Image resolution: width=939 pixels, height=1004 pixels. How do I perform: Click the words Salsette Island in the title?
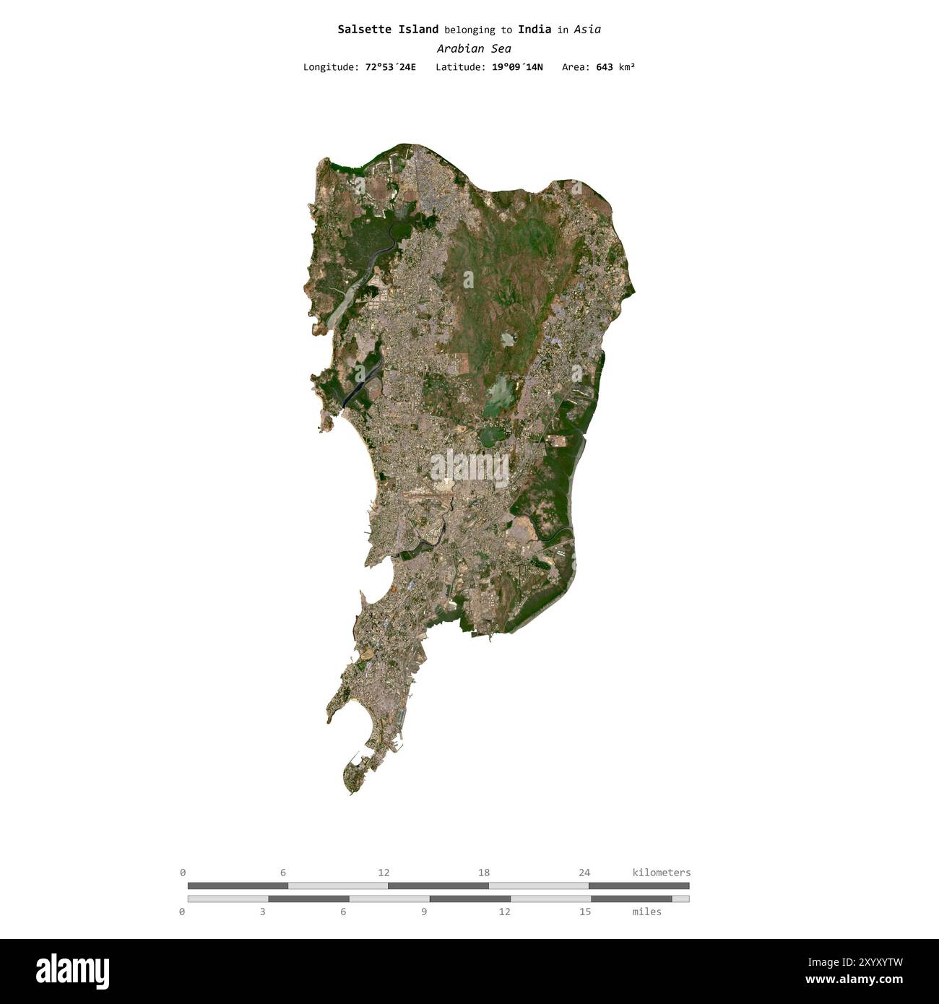[x=388, y=30]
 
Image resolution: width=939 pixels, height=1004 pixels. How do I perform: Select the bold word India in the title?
[x=535, y=30]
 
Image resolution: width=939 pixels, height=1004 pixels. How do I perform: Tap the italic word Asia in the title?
[x=587, y=30]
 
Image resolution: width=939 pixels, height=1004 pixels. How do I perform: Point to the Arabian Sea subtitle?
[x=474, y=48]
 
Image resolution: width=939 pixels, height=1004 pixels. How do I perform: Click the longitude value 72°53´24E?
[x=390, y=67]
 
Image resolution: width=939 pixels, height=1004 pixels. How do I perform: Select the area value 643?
[x=605, y=67]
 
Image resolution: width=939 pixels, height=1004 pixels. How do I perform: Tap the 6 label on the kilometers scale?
[x=283, y=873]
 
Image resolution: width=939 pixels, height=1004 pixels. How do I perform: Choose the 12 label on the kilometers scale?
[x=384, y=873]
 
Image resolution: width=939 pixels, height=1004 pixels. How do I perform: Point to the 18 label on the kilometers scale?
[x=484, y=873]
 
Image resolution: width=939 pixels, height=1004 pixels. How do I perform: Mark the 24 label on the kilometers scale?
[x=584, y=873]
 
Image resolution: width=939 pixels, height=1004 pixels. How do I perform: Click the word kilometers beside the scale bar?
[x=661, y=873]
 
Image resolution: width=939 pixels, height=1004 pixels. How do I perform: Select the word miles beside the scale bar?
[x=646, y=912]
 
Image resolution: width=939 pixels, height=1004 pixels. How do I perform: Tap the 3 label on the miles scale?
[x=263, y=912]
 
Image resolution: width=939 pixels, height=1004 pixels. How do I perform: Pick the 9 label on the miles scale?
[x=424, y=912]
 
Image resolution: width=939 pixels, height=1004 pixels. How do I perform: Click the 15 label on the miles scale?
[x=585, y=912]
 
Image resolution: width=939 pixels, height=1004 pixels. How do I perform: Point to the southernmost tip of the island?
[x=351, y=794]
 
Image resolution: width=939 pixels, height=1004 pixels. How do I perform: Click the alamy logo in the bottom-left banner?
[x=72, y=971]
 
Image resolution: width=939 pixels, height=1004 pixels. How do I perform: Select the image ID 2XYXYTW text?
[x=864, y=962]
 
